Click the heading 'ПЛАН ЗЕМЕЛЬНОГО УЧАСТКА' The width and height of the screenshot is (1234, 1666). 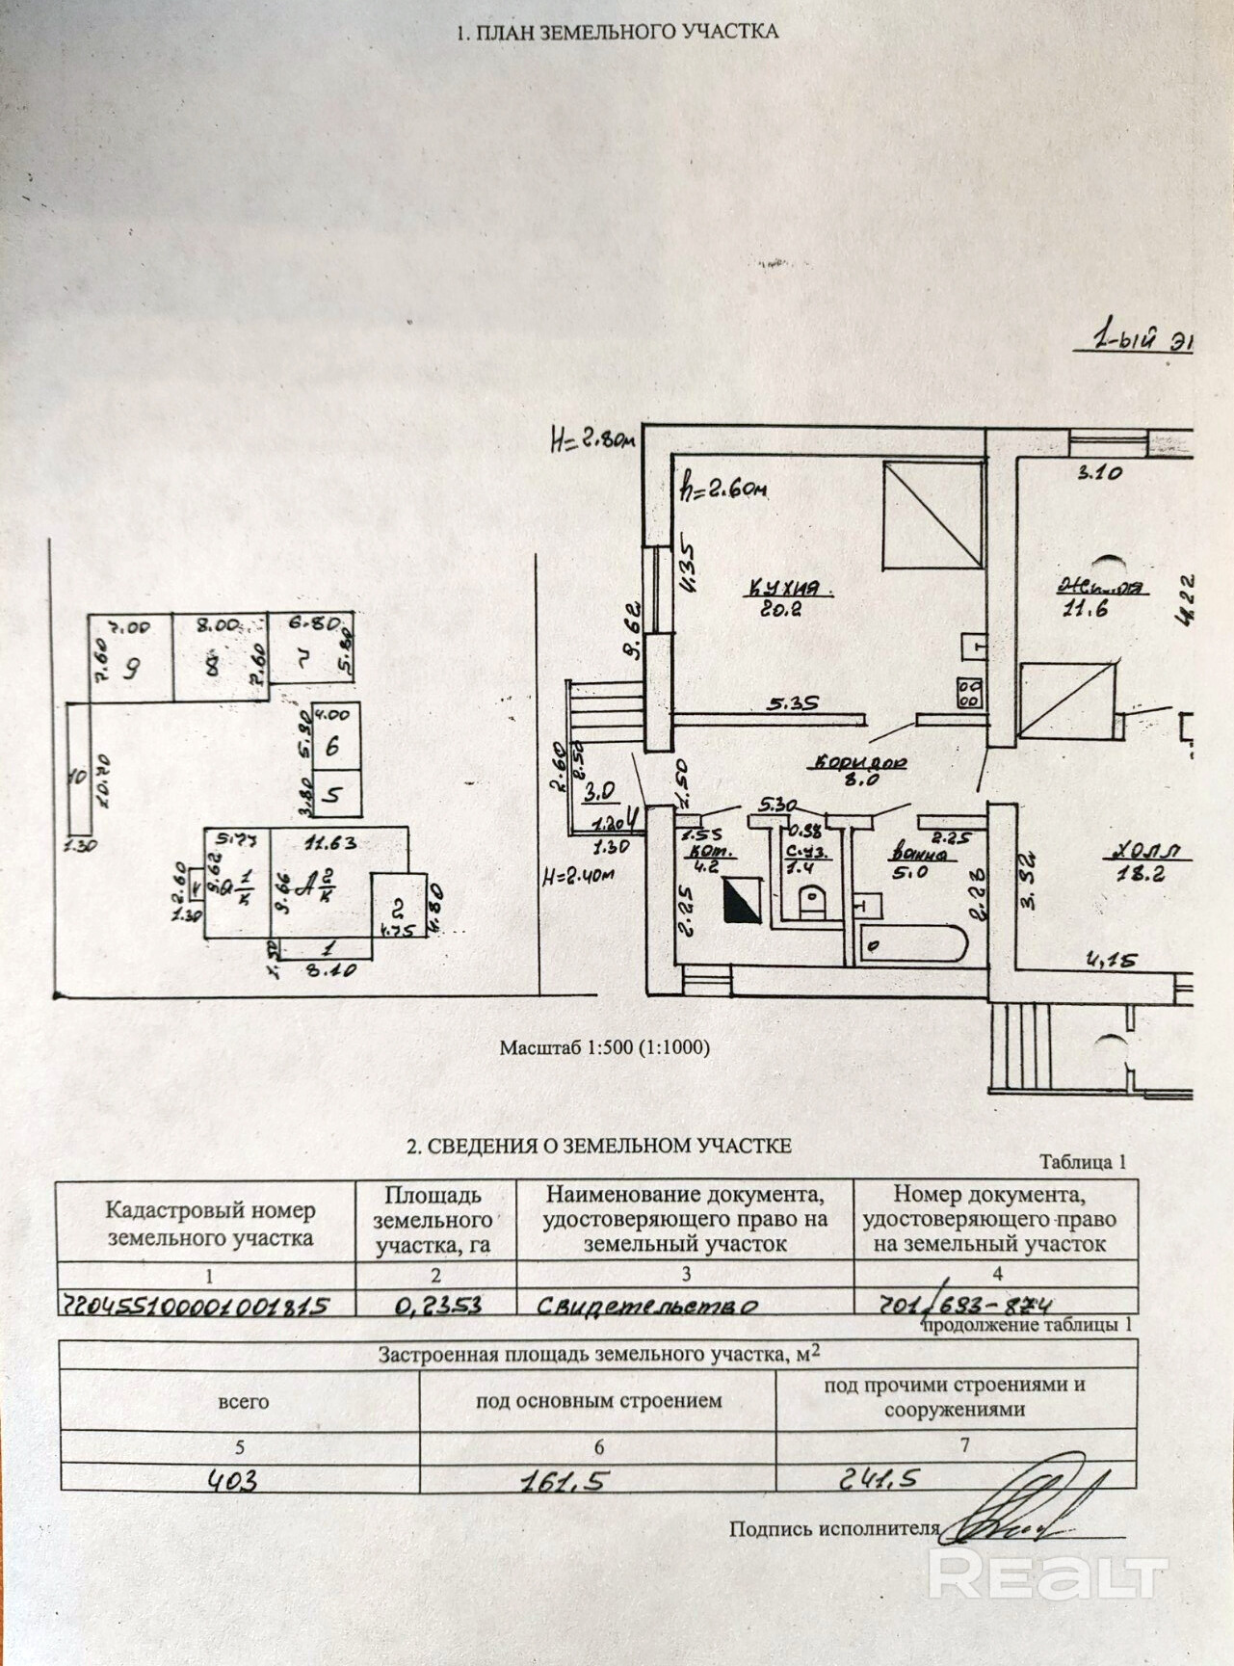tap(617, 32)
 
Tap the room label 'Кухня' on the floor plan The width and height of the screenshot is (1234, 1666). tap(786, 587)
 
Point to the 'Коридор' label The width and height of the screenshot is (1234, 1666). tap(860, 762)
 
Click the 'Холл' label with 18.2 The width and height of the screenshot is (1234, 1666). tap(1146, 852)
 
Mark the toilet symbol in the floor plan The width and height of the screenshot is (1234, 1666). tap(812, 900)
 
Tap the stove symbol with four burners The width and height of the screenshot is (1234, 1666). tap(968, 693)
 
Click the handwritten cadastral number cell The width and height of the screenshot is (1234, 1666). tap(196, 1305)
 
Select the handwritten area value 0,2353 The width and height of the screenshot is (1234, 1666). tap(438, 1305)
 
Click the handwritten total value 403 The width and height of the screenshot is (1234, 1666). tap(233, 1480)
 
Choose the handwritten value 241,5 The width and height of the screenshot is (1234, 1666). tap(880, 1477)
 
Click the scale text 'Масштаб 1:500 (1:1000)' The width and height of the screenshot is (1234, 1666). tap(604, 1047)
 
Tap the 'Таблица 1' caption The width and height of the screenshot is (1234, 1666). tap(1083, 1162)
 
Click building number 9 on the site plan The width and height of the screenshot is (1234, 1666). tap(132, 666)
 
